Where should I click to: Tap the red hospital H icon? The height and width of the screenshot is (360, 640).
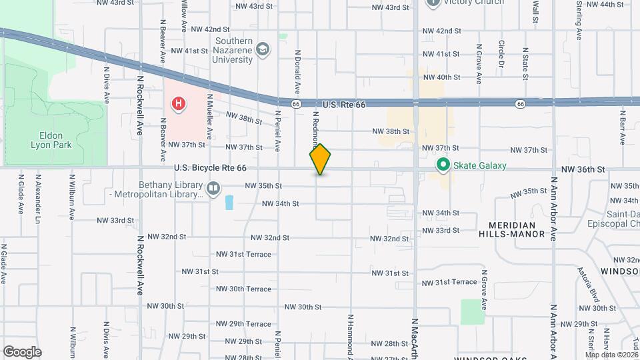click(x=178, y=103)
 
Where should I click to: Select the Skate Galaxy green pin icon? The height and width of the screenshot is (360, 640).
click(x=441, y=165)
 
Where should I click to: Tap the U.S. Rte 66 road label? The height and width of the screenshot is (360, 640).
click(x=344, y=105)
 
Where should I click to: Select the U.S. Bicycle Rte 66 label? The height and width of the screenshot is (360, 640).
click(x=211, y=169)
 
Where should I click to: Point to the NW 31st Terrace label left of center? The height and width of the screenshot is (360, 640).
click(x=243, y=255)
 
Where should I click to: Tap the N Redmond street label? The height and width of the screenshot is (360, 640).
click(x=316, y=127)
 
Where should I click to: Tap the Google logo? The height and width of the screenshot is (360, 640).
click(x=22, y=351)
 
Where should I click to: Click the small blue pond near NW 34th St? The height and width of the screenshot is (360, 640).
click(x=229, y=202)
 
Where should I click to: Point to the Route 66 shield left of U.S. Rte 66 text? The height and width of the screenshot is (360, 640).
click(x=295, y=104)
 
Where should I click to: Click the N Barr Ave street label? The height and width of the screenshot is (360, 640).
click(x=621, y=127)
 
